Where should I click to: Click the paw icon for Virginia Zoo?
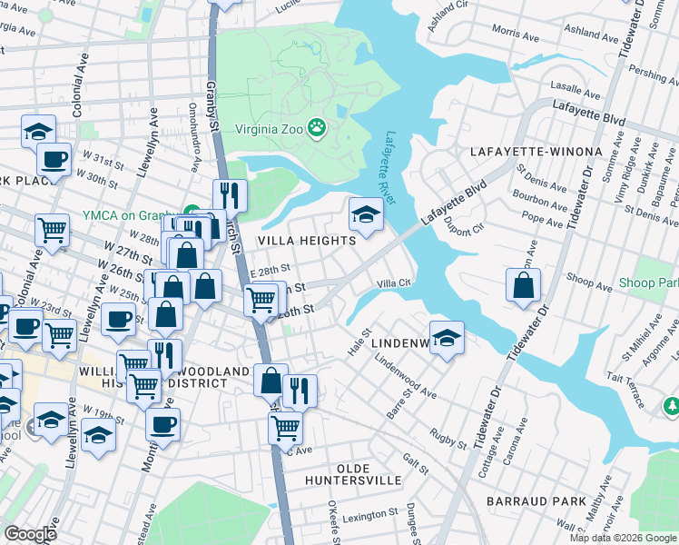(317, 128)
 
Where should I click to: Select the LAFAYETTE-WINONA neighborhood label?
(536, 151)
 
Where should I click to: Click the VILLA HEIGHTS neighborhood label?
(306, 241)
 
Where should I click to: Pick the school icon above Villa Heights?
(365, 214)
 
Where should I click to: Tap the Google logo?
(29, 534)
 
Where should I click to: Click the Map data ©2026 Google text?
(623, 538)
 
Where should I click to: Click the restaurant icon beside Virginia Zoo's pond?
(230, 194)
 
